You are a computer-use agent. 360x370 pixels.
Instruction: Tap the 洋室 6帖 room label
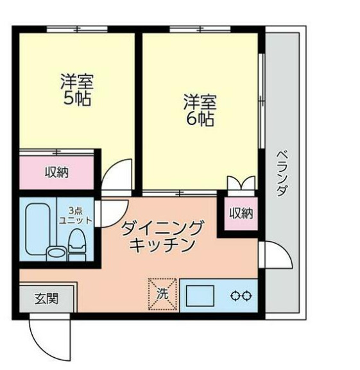pyautogui.click(x=200, y=110)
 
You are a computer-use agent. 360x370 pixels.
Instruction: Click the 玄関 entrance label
pyautogui.click(x=46, y=298)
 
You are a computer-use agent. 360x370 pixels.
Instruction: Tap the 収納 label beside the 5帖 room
pyautogui.click(x=57, y=172)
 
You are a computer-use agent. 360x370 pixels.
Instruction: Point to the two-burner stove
pyautogui.click(x=242, y=296)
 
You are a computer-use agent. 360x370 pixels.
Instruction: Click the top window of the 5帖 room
pyautogui.click(x=76, y=28)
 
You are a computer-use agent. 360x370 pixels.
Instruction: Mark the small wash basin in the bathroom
pyautogui.click(x=57, y=251)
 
